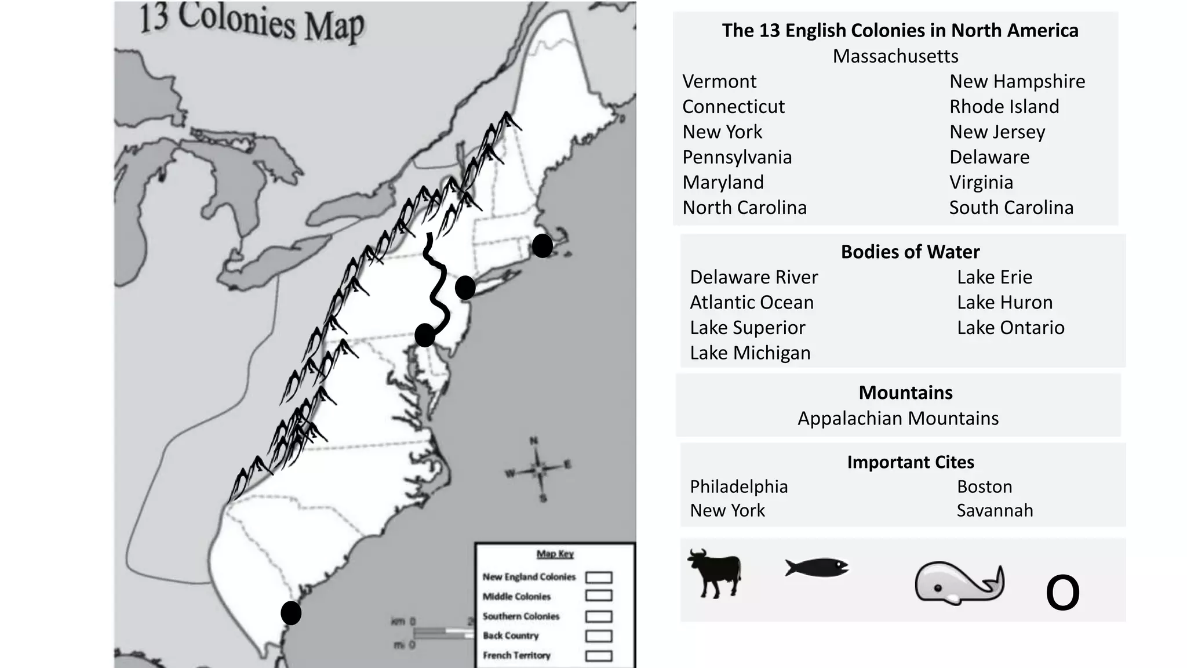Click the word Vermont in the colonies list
719,82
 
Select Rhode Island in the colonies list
1004,107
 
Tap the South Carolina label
1011,208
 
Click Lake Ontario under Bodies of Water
1010,328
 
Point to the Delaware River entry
753,277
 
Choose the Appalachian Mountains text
898,418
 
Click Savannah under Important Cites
995,510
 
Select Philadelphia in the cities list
738,487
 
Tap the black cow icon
715,573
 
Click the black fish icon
816,567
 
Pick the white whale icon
959,583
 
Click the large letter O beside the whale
1062,593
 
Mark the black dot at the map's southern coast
291,613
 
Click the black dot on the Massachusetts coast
542,246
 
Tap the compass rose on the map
539,469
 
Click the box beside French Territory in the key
599,656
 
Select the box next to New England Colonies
599,578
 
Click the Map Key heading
555,554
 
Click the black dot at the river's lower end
425,335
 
